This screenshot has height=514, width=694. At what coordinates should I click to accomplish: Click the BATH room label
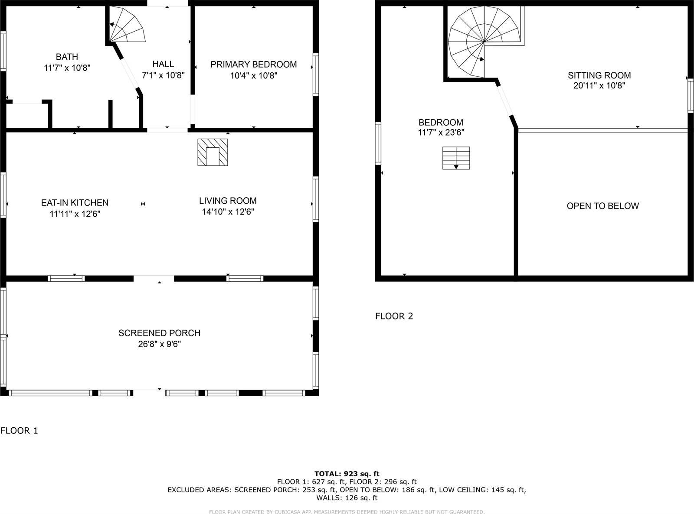(x=67, y=57)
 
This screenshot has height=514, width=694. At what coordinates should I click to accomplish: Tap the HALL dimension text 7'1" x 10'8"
(x=163, y=75)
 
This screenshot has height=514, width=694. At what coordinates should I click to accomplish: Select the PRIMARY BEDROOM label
(x=253, y=65)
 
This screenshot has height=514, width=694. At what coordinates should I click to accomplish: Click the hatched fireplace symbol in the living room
(x=213, y=152)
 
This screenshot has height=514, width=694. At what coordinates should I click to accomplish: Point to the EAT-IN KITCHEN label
(x=75, y=202)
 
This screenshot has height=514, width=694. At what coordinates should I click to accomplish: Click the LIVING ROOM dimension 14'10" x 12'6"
(x=228, y=212)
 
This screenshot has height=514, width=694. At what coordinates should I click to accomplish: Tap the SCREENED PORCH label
(x=159, y=333)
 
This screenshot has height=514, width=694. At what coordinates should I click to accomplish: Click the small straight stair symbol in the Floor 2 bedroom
(x=456, y=158)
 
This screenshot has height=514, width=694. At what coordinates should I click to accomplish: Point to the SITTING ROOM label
(x=599, y=75)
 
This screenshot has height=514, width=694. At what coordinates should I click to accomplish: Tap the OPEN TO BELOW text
(x=602, y=206)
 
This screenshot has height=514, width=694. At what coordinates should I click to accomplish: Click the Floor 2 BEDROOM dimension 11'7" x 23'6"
(x=441, y=133)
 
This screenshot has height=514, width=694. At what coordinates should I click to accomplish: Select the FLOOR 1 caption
(x=19, y=430)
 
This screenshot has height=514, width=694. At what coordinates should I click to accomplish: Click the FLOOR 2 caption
(x=394, y=316)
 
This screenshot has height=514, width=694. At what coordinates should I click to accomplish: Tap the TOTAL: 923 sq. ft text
(x=347, y=474)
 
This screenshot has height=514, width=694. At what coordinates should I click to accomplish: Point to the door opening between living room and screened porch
(x=154, y=278)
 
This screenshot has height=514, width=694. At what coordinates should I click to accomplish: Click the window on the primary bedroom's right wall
(x=316, y=74)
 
